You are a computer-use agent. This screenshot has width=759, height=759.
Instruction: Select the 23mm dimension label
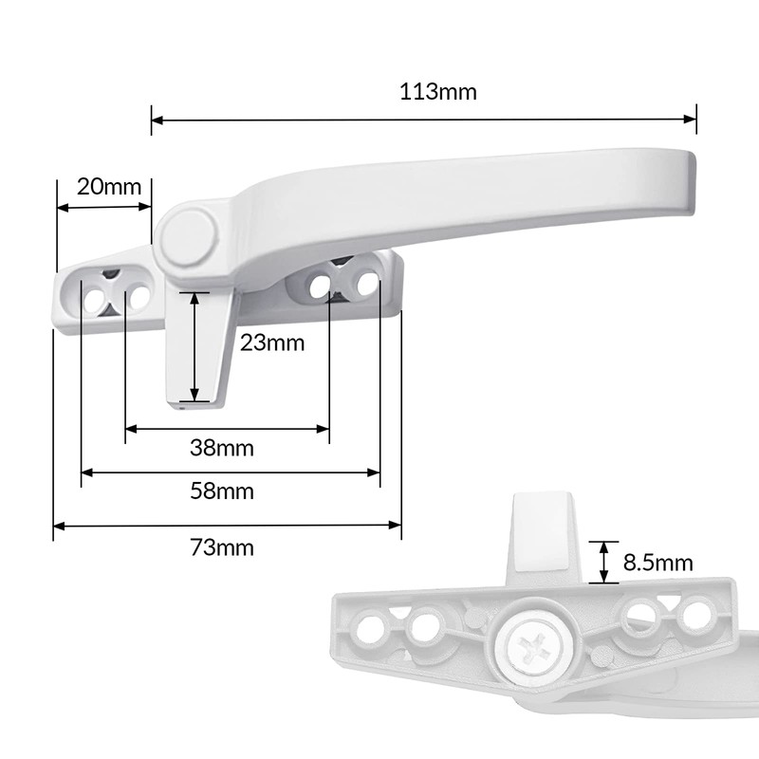point(272,342)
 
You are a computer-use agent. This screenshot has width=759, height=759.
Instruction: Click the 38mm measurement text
point(222,448)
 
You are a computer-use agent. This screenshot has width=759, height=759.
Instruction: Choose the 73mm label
point(222,547)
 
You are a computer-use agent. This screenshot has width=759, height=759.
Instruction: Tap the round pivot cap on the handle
point(186,233)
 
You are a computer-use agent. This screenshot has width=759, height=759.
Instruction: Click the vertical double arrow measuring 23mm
point(194,346)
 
